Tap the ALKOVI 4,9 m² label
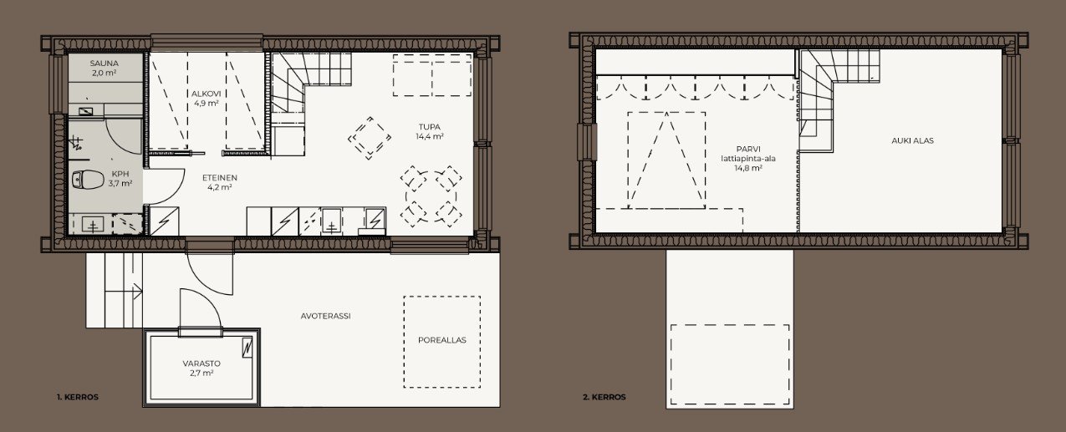(x=206, y=99)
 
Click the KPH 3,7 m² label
(x=120, y=179)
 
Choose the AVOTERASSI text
(x=325, y=316)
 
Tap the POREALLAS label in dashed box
(x=442, y=340)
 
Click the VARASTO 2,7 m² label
(x=201, y=368)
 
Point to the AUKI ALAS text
(x=912, y=141)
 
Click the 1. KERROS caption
(x=78, y=397)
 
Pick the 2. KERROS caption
(x=604, y=397)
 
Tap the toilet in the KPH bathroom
(x=88, y=180)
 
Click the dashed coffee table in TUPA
(x=370, y=138)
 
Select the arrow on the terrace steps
(x=137, y=291)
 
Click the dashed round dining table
(x=431, y=196)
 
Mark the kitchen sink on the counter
(x=331, y=221)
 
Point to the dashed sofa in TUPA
(x=432, y=75)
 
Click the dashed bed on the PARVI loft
(x=666, y=160)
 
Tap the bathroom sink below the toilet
(x=93, y=224)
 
